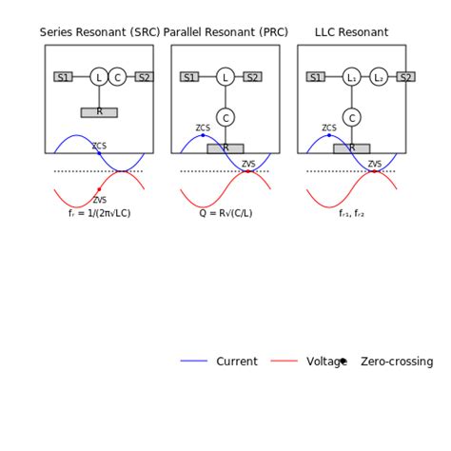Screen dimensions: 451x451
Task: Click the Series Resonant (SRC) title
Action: [100, 32]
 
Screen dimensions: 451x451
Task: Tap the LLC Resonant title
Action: [351, 32]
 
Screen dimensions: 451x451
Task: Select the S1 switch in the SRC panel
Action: [63, 77]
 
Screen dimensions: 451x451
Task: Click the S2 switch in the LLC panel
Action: [405, 77]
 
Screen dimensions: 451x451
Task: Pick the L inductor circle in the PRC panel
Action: [225, 77]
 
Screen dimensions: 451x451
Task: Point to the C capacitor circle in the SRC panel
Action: [117, 77]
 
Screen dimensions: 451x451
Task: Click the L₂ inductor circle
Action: [379, 77]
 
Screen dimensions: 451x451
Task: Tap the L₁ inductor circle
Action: [352, 77]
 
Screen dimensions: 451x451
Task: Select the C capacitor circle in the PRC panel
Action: [225, 118]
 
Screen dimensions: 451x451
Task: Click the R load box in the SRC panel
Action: [99, 112]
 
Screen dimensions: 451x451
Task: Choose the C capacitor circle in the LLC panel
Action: [352, 118]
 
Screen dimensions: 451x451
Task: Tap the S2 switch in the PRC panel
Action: [252, 77]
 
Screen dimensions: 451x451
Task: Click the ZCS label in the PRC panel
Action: [203, 127]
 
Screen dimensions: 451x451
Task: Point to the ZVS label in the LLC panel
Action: [375, 164]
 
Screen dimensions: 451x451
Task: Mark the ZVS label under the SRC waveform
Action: [100, 200]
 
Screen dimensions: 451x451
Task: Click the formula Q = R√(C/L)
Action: [225, 213]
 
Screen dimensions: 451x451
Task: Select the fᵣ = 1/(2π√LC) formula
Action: [100, 213]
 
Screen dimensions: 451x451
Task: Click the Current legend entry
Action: [236, 362]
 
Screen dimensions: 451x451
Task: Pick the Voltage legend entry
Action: [326, 362]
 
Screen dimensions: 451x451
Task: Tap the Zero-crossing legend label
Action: [396, 362]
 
